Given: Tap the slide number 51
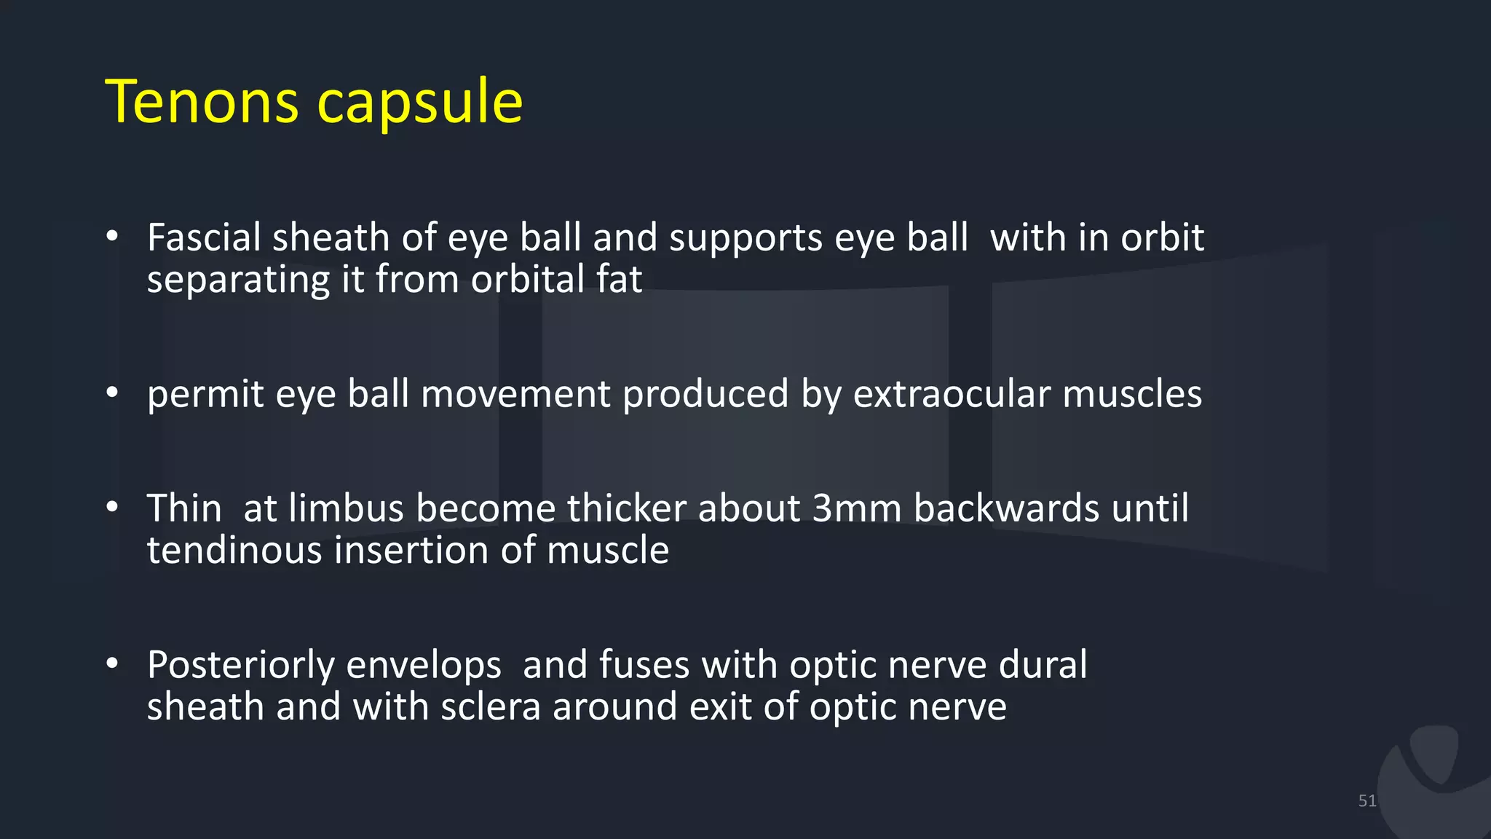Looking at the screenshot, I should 1367,801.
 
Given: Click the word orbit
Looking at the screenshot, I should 1162,237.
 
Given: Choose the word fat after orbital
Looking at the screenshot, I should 619,279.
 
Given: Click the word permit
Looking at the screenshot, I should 205,395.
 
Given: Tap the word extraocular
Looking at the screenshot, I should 952,394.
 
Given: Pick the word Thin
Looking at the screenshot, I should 184,508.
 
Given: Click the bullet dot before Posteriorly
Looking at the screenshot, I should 111,663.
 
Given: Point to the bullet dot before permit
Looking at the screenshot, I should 111,393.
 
